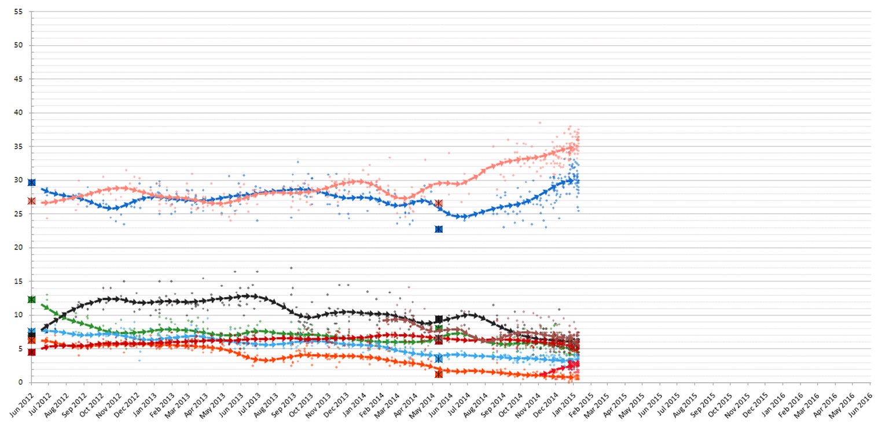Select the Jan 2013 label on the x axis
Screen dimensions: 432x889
144,405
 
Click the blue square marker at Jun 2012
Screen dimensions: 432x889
32,182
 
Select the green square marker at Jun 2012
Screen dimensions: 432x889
32,299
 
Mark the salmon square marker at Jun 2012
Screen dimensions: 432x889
32,201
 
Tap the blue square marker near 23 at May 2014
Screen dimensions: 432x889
439,229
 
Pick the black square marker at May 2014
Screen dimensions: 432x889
439,319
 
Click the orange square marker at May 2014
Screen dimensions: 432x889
439,374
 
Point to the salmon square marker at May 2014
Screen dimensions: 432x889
439,203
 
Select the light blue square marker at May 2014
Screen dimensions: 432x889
439,359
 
